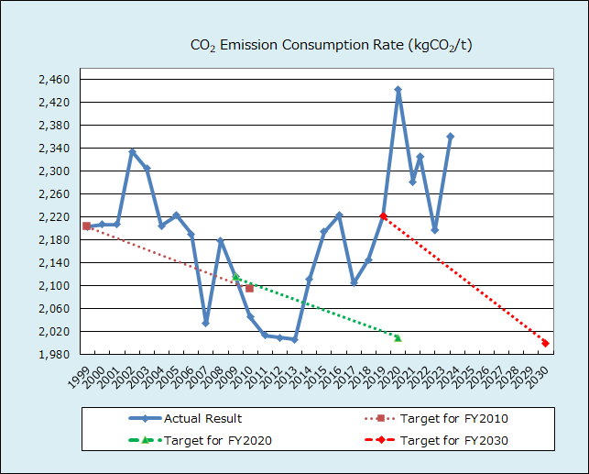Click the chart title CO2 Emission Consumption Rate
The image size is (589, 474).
[331, 45]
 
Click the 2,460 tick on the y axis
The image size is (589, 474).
[54, 80]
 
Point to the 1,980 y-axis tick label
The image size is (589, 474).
[54, 355]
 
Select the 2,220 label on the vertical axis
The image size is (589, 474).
[54, 217]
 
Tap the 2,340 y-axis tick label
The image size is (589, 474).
[54, 149]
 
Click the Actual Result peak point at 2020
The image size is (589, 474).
[398, 90]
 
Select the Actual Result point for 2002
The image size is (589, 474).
[132, 151]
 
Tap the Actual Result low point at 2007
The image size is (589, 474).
[205, 324]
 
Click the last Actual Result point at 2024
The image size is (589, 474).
[450, 137]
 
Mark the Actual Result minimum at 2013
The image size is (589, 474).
[294, 339]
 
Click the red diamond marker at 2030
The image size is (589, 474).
[546, 343]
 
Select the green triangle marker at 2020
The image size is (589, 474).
[398, 337]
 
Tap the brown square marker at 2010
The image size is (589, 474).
[249, 289]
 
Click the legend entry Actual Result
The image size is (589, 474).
[202, 419]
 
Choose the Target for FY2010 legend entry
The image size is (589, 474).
[453, 419]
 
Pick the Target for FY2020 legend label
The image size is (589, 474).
[217, 440]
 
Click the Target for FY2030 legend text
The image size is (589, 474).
[453, 440]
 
